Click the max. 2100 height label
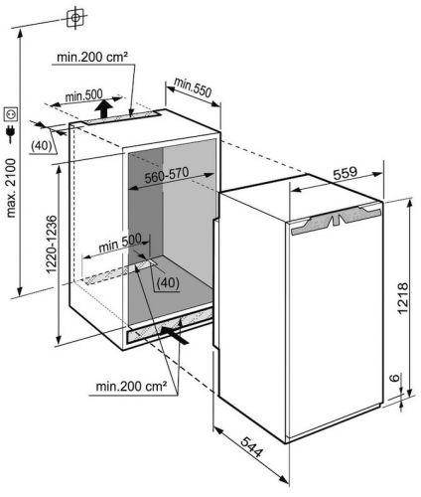tap(11, 188)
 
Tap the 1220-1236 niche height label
tap(52, 245)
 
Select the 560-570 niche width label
tap(167, 175)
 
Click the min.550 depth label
tap(193, 87)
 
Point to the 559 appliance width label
tap(346, 173)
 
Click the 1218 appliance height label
tap(402, 298)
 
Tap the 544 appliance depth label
tap(252, 447)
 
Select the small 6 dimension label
tap(393, 378)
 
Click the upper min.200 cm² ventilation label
tap(92, 57)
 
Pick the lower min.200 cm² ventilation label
tap(131, 386)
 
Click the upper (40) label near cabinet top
tap(42, 146)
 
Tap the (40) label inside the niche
tap(168, 283)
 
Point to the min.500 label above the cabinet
tap(83, 96)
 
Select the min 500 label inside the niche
tap(120, 243)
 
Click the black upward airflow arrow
tap(104, 108)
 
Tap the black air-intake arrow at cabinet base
tap(175, 335)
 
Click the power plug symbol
tap(11, 133)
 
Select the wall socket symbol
tap(11, 113)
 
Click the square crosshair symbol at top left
tap(75, 17)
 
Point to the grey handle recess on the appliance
tap(336, 219)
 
